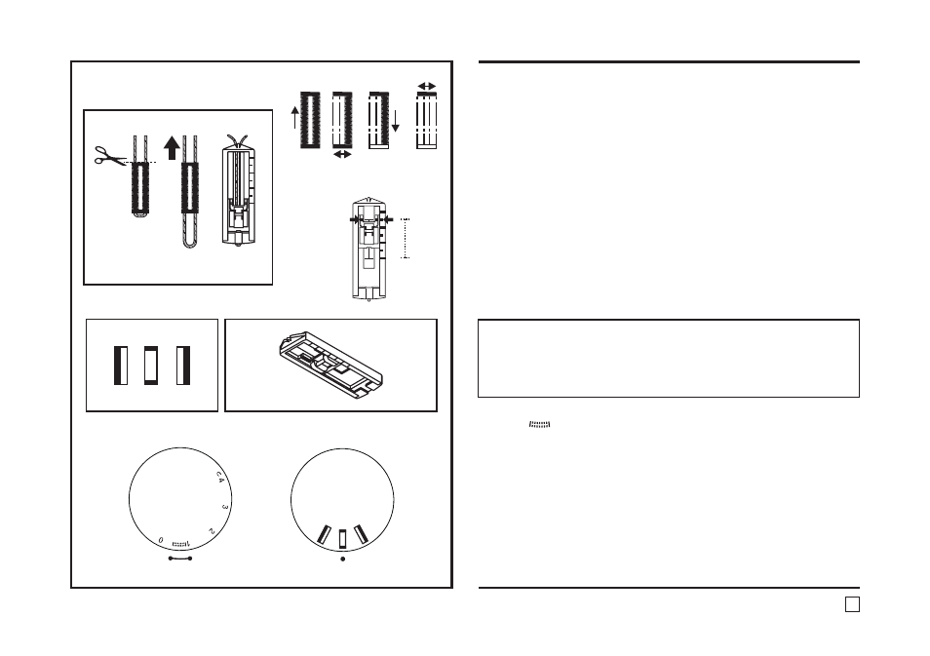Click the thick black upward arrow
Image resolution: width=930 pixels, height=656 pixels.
coord(172,148)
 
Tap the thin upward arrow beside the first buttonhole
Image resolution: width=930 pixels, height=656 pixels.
coord(295,117)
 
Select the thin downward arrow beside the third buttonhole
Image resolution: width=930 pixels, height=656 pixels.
coord(396,121)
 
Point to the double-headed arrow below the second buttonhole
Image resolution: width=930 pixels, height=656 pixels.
coord(342,154)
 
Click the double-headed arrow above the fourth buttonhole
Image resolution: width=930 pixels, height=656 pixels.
coord(426,86)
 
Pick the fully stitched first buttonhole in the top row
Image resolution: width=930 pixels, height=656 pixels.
coord(310,120)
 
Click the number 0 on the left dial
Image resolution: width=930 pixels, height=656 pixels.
coord(161,540)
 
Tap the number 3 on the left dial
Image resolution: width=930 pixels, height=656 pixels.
coord(225,507)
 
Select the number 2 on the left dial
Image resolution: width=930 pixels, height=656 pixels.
coord(212,531)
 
